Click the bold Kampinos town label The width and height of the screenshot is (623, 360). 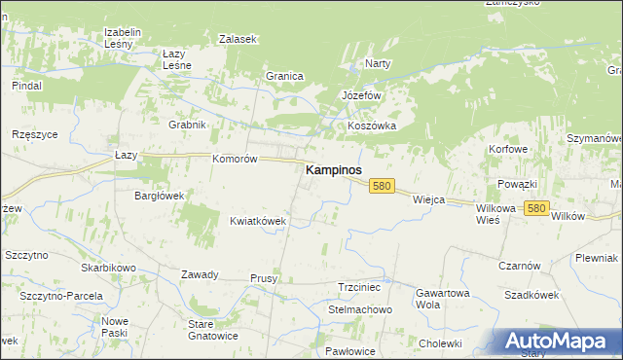click(334, 169)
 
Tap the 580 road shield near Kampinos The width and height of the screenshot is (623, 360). click(381, 186)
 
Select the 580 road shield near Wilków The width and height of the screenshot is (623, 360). click(536, 208)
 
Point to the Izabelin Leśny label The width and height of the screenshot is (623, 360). click(124, 37)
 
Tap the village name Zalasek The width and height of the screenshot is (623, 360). click(238, 39)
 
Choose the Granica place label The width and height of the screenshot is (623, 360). click(285, 76)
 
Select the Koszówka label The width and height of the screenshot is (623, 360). click(372, 126)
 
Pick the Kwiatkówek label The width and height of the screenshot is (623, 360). click(258, 221)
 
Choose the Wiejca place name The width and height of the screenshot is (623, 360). click(428, 199)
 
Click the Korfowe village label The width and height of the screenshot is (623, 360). click(508, 149)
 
